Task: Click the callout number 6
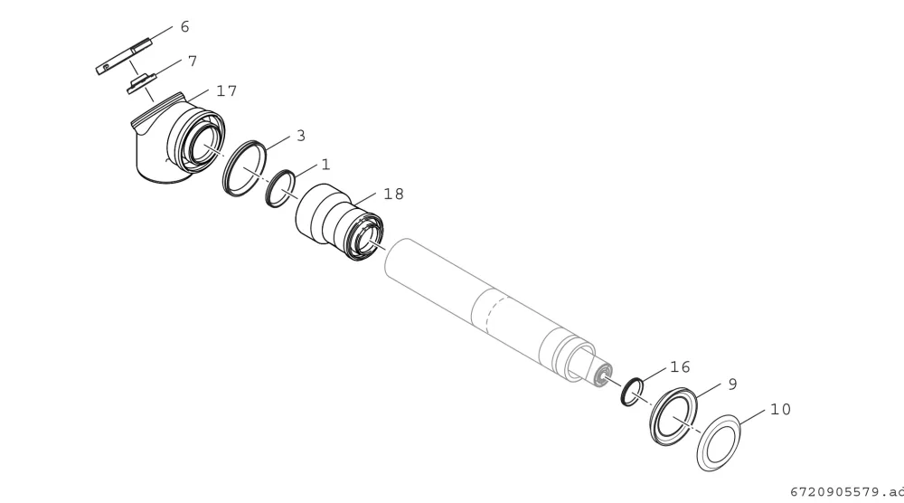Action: click(184, 26)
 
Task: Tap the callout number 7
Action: click(193, 62)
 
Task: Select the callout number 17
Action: click(227, 91)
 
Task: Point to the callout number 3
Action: click(301, 136)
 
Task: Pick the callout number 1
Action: click(325, 165)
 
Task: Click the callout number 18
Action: click(394, 195)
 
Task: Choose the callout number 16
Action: click(681, 367)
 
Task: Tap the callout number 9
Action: click(733, 384)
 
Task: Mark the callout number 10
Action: click(781, 410)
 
